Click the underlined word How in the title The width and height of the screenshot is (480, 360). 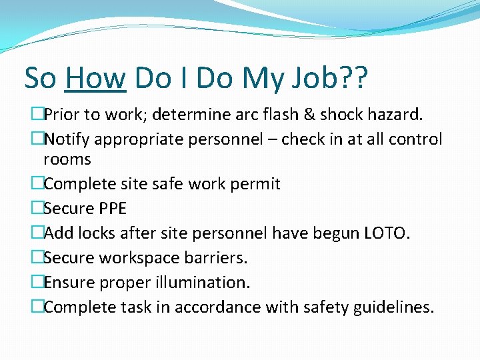(95, 79)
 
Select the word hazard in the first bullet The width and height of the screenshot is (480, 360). (395, 115)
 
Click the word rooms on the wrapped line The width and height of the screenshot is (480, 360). (67, 159)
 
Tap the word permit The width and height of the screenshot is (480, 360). (255, 184)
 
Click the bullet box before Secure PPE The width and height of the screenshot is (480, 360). (37, 209)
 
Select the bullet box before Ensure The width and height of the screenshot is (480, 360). (37, 283)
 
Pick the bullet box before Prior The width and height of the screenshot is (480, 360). (37, 115)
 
